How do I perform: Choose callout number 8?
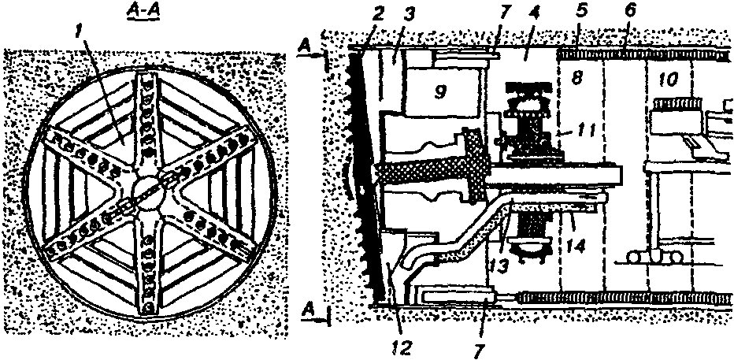(x=579, y=81)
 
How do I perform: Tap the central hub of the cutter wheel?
(x=147, y=189)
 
